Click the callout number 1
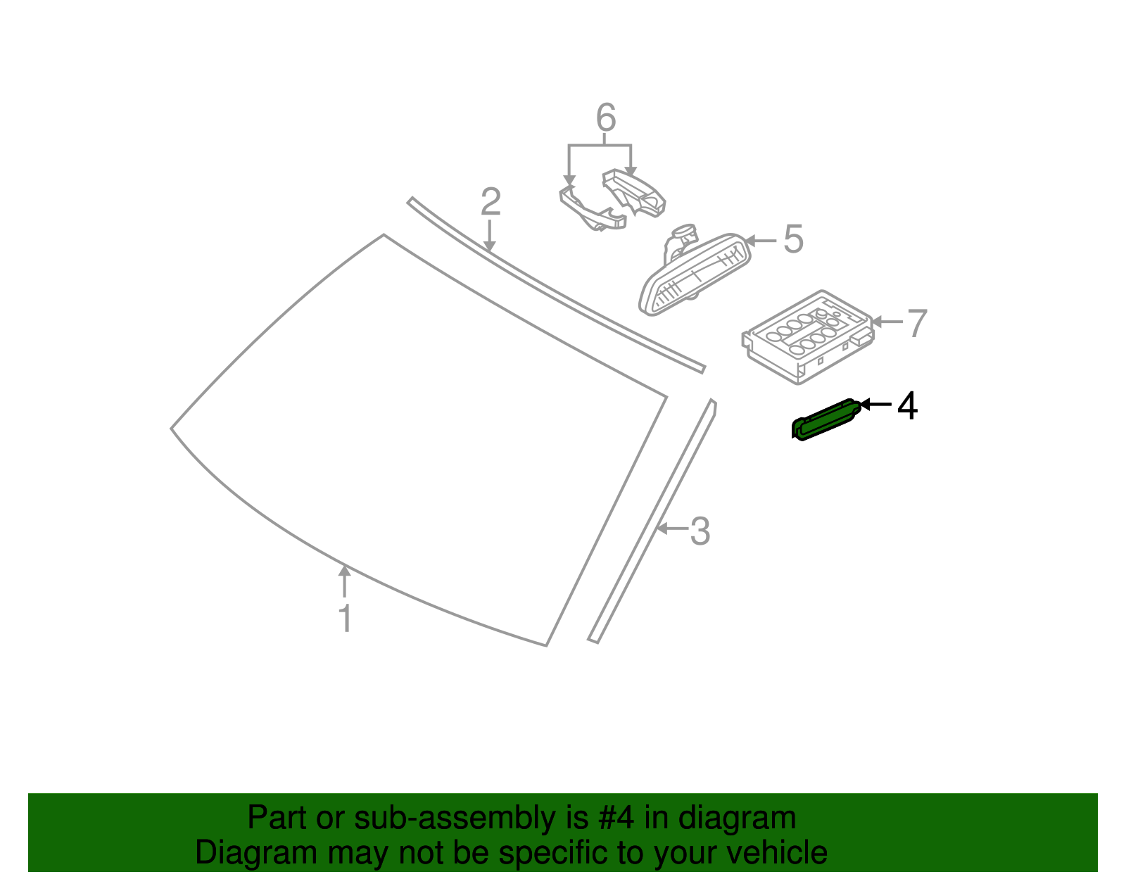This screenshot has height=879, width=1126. pos(345,619)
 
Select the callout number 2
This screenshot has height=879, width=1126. pos(491,202)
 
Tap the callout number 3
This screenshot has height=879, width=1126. pos(700,531)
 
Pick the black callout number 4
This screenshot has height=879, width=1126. pos(907,406)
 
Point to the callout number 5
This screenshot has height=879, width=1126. pos(793,240)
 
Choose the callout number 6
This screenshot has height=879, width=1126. pos(605,118)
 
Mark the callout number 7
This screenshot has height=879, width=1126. pos(916,324)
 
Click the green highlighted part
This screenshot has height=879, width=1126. pos(823,419)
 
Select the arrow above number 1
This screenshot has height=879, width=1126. pos(344,581)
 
